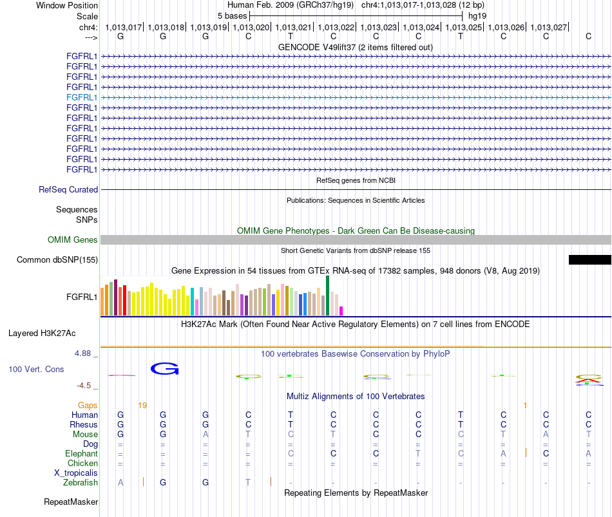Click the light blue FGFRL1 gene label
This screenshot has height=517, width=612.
pos(82,98)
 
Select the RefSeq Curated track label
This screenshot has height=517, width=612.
pos(68,190)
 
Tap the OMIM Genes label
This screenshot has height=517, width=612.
pos(72,240)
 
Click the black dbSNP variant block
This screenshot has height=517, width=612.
pos(589,260)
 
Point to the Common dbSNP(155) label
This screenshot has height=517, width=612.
pos(57,260)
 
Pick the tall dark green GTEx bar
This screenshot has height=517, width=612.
pos(328,296)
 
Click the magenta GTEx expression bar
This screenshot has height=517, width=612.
pos(341,311)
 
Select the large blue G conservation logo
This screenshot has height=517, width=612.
pos(165,369)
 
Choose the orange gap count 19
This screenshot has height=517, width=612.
pos(142,406)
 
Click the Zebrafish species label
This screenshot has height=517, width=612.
pos(81,483)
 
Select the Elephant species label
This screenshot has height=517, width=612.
pos(81,454)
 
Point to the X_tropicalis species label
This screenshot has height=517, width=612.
pos(76,473)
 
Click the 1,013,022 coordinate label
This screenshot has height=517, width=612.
pos(336,27)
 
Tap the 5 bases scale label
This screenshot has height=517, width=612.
pos(232,16)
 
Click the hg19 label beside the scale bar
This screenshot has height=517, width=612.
pos(477,16)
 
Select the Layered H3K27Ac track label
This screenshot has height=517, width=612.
pos(42,334)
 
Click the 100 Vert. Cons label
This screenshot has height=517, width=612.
pos(36,369)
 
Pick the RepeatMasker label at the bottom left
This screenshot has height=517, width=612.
pos(71,502)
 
